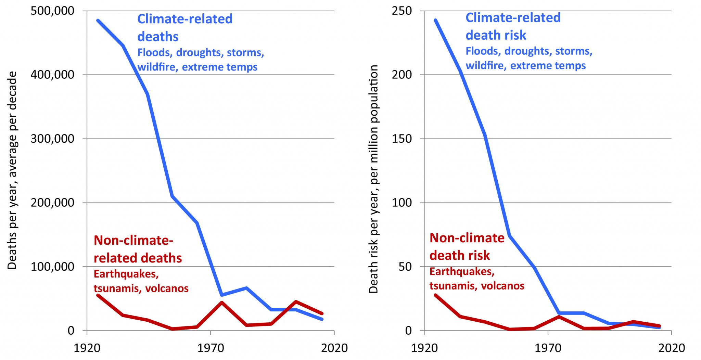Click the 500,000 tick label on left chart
pos(52,11)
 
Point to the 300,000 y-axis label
pos(52,139)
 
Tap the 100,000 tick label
pos(52,267)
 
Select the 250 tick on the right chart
pos(402,11)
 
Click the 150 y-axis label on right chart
pos(402,139)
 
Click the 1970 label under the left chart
pos(211,348)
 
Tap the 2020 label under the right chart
pos(672,348)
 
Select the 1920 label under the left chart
pos(87,348)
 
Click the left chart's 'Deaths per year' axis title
pos(12,170)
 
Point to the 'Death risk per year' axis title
pos(373,179)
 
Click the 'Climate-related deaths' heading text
pos(185,28)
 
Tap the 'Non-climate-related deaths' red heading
pos(138,249)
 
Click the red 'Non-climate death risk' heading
pos(467,247)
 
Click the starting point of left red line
pos(98,295)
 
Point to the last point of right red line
pos(659,326)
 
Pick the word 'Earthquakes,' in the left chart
pos(126,274)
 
